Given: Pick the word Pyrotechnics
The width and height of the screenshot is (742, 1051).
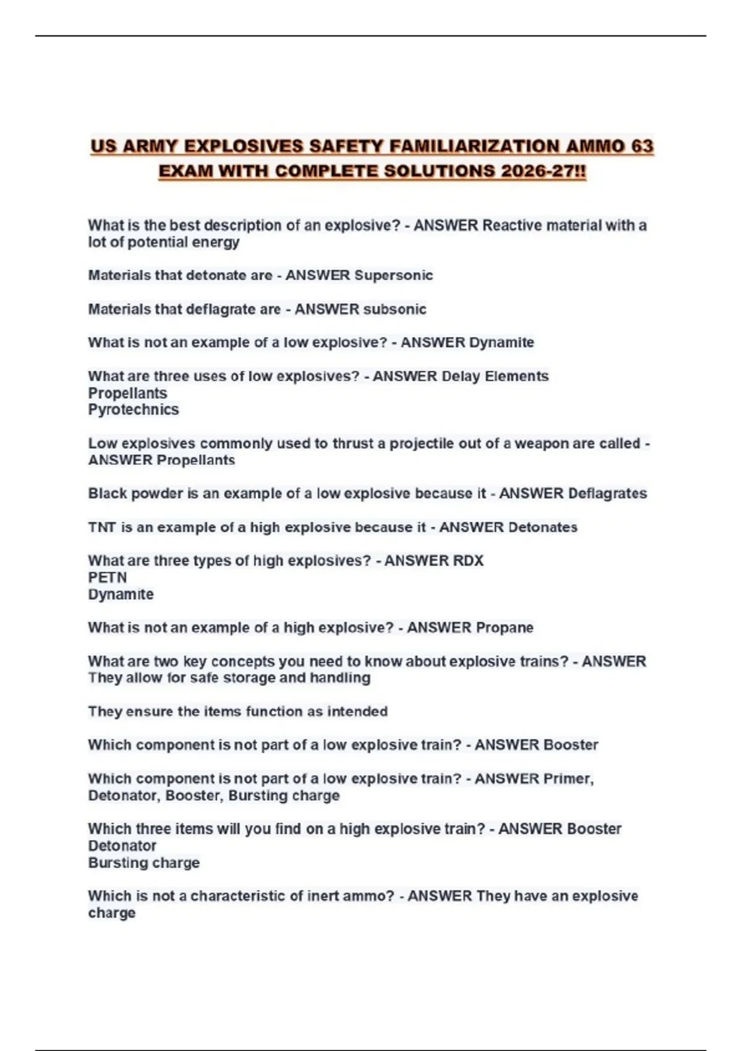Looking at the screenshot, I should tap(133, 409).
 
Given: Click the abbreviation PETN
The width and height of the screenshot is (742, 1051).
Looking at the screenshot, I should tap(107, 577).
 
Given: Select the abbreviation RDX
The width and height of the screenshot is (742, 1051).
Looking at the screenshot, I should tap(468, 561).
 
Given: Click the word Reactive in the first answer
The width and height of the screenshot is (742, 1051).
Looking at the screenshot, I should tap(509, 225).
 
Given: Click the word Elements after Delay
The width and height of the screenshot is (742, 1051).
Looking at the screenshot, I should tap(516, 376).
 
